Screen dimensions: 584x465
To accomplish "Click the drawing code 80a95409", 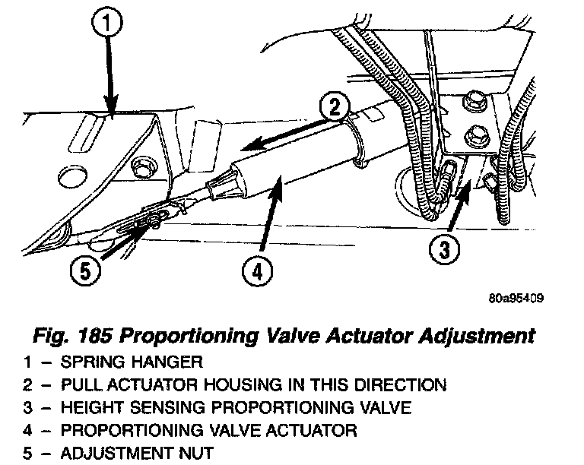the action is (x=516, y=298).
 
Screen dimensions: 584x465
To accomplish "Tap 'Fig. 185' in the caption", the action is (x=88, y=335).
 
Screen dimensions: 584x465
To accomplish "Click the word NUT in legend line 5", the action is (x=195, y=454).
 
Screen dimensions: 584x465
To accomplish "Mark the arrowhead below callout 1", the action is (x=112, y=112).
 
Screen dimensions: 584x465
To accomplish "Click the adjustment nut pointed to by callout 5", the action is (x=155, y=220).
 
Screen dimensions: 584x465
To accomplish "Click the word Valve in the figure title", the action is (x=309, y=335).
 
